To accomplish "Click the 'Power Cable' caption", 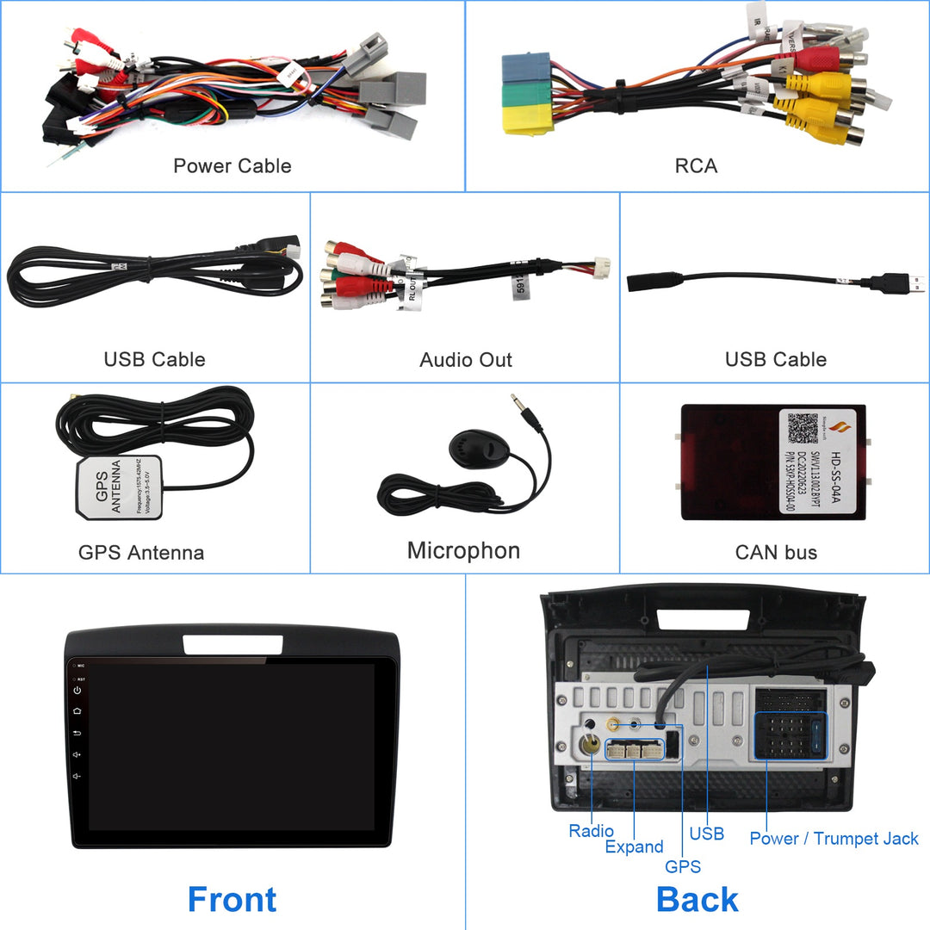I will click(232, 166).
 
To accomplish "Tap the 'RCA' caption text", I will click(696, 166).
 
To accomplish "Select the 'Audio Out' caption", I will click(465, 360).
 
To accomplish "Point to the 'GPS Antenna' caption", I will click(141, 552).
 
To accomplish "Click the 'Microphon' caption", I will click(463, 550).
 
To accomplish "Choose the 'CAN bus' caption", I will click(776, 552).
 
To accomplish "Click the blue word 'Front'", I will click(232, 899).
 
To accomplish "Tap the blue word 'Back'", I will click(697, 899).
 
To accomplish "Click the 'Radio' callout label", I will click(591, 831).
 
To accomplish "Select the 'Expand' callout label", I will click(634, 846).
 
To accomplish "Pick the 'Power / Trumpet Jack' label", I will click(834, 838).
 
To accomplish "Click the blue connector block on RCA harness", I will click(526, 67).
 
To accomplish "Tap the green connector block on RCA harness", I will click(526, 93).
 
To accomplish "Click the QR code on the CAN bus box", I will click(802, 428).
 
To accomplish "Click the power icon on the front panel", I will click(77, 691).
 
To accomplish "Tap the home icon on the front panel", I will click(77, 711).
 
